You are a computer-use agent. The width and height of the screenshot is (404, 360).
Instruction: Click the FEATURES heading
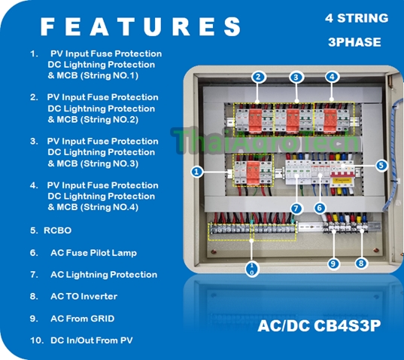[x=140, y=27]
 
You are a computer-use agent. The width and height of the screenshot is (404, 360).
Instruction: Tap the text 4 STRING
[x=357, y=18]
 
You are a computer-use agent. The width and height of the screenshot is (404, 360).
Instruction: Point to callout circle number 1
[x=197, y=171]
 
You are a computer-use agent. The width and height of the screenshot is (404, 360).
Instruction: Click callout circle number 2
[x=258, y=77]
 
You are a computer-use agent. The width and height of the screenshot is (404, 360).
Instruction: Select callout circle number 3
[x=296, y=77]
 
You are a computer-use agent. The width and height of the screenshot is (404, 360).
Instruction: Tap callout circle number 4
[x=332, y=77]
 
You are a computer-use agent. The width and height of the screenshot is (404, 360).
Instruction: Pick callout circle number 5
[x=381, y=165]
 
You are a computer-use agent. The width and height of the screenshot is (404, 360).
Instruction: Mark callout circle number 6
[x=320, y=208]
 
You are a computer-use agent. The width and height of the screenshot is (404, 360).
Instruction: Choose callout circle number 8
[x=361, y=263]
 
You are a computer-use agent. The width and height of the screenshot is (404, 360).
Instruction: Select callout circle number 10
[x=252, y=269]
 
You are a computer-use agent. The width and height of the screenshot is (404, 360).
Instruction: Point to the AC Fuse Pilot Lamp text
[x=93, y=253]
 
